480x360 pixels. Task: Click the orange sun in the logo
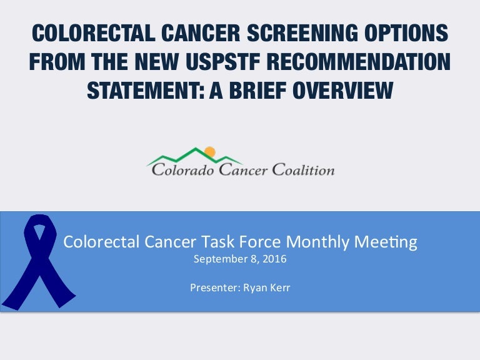point(209,151)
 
